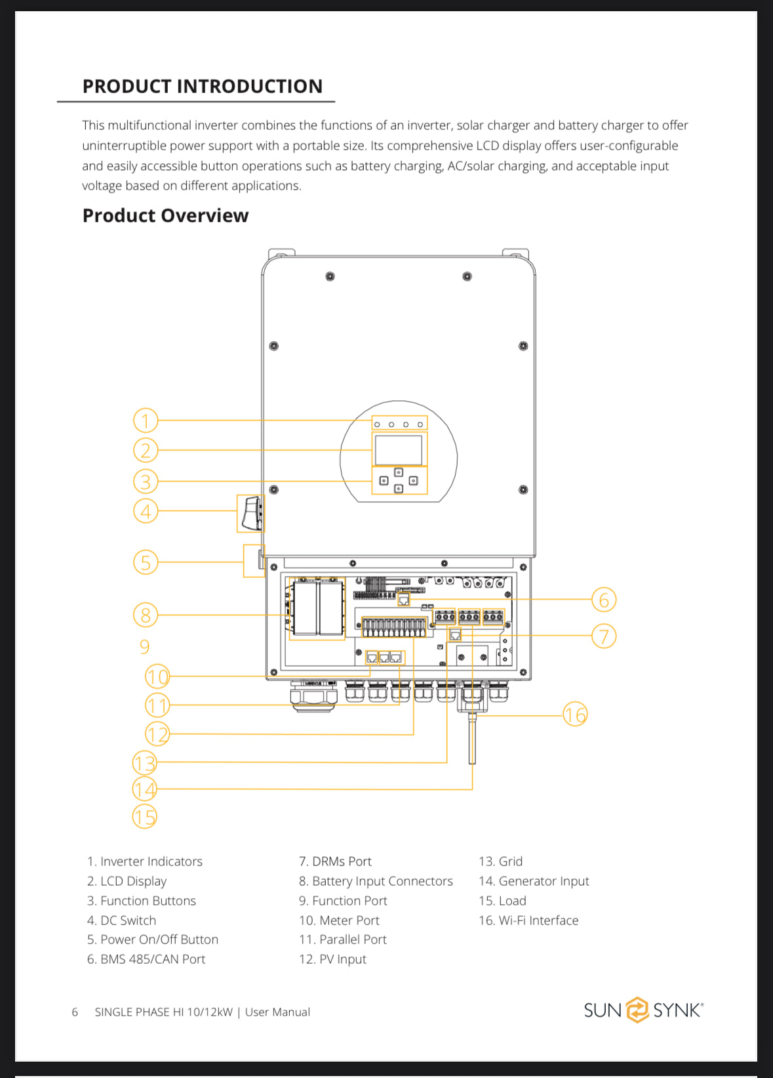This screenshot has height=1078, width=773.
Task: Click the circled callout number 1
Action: (146, 420)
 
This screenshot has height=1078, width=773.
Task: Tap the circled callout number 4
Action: (146, 511)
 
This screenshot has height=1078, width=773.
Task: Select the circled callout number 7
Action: (604, 636)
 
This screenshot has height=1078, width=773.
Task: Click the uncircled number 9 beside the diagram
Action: (144, 646)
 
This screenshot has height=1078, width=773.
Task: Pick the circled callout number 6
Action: (604, 600)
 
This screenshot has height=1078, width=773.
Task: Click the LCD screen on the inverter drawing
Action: (398, 449)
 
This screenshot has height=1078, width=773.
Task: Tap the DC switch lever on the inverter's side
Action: (252, 514)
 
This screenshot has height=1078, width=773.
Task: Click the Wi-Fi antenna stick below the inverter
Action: (472, 738)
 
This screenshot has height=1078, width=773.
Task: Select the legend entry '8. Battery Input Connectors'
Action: (376, 881)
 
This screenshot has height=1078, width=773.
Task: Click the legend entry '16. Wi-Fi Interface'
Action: (528, 920)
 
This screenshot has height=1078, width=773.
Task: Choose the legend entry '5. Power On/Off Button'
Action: (153, 940)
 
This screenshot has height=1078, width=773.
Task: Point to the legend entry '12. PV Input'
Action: (332, 959)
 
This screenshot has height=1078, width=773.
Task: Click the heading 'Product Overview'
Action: (165, 215)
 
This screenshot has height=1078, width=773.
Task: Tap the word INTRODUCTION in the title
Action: (250, 86)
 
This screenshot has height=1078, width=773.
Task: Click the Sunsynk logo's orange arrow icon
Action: (637, 1009)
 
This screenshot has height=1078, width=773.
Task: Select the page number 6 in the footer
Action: (75, 1012)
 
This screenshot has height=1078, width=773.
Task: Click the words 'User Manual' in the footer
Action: (277, 1012)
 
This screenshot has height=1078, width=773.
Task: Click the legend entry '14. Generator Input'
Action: (534, 881)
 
